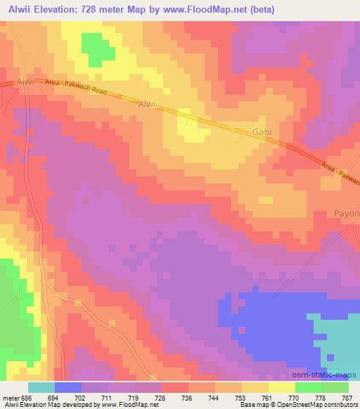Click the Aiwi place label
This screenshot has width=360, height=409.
[25, 82]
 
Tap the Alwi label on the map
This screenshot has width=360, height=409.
[146, 104]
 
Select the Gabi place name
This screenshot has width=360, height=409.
[261, 131]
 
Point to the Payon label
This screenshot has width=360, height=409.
[347, 213]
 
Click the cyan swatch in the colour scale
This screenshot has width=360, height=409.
[41, 387]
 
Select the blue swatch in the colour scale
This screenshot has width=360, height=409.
[68, 387]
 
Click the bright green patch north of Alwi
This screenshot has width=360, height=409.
[98, 49]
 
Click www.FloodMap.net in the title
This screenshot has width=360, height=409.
[215, 10]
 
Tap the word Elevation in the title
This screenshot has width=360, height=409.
[58, 10]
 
